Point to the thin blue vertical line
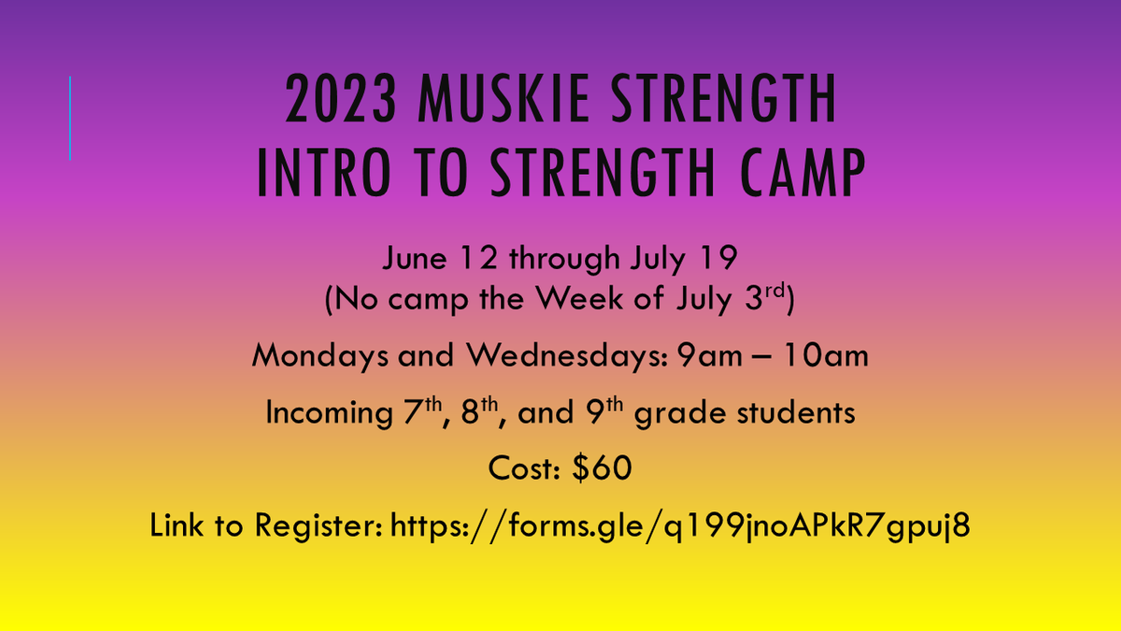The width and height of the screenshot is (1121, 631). pyautogui.click(x=70, y=118)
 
